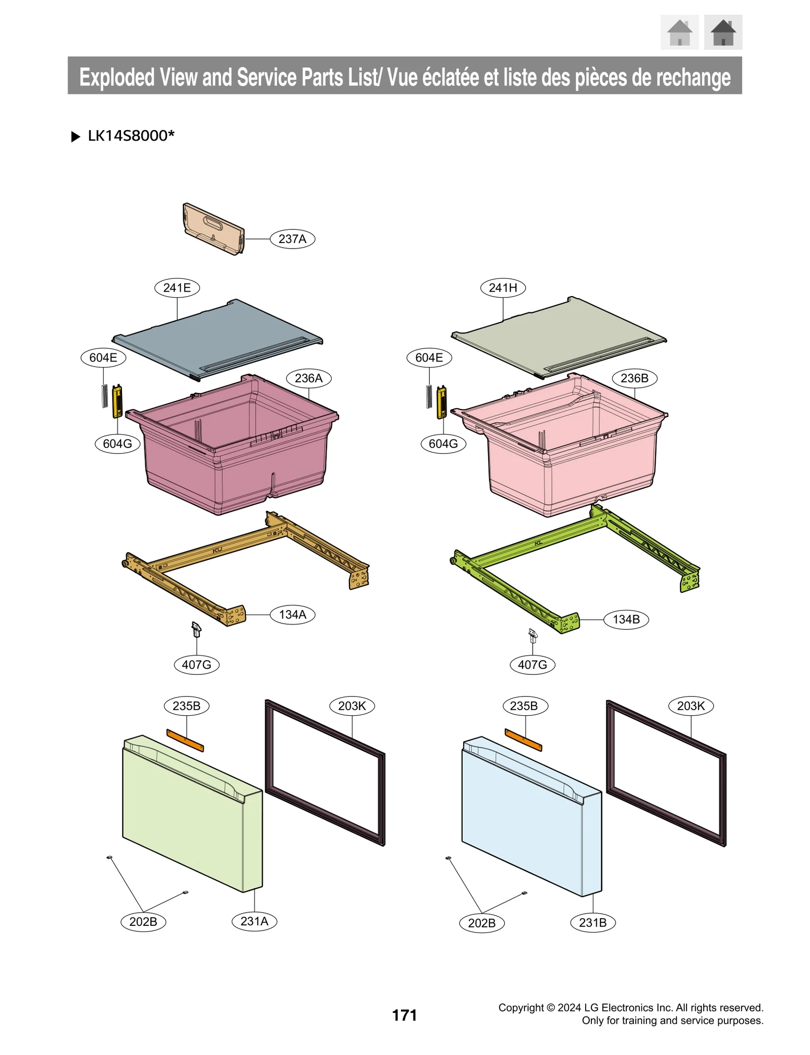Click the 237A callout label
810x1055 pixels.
pos(292,239)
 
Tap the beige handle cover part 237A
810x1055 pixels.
pos(213,229)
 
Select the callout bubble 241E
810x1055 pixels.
pos(177,288)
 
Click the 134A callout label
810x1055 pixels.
pos(292,614)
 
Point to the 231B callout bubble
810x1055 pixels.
pos(592,922)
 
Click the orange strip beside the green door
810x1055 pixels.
pos(185,740)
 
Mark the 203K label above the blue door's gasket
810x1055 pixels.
pos(691,706)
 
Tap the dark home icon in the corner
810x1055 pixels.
pos(722,32)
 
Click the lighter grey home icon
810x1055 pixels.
pos(679,32)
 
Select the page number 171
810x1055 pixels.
pos(404,1015)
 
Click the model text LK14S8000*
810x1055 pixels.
pos(131,136)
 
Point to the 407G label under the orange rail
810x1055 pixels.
pos(196,664)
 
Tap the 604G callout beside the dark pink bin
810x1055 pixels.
pos(117,443)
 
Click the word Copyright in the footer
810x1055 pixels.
pos(520,1007)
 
